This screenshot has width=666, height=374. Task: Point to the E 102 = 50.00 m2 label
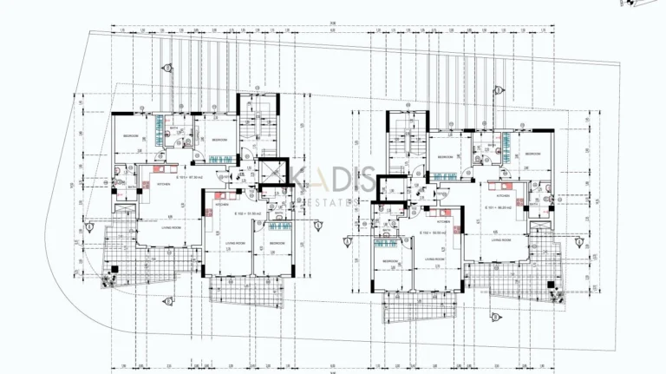point(433,233)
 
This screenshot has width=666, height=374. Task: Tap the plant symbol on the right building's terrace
point(554,292)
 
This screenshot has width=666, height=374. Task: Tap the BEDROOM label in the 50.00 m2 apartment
point(388,260)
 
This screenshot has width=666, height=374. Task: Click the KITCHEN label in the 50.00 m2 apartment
point(444,221)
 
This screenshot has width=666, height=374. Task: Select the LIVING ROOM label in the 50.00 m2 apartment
point(434,259)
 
